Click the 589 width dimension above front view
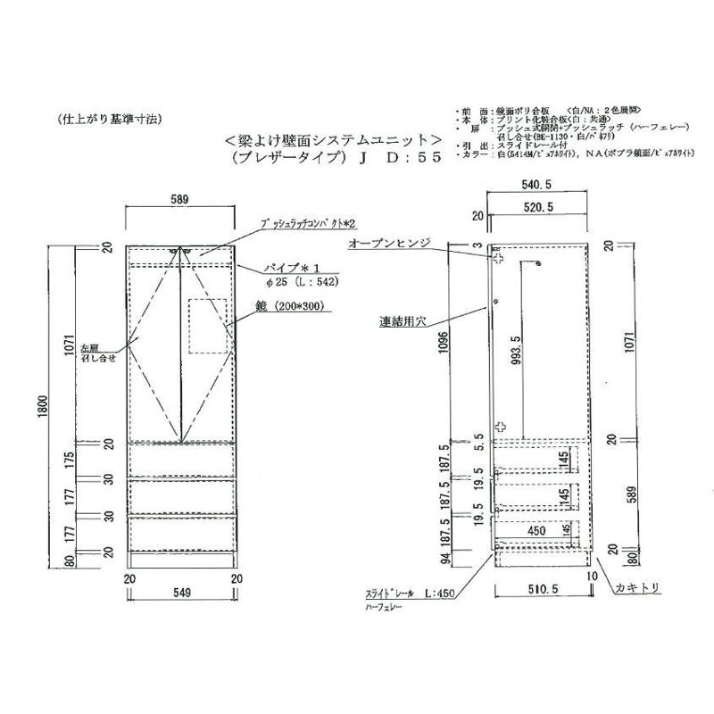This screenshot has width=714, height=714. (181, 200)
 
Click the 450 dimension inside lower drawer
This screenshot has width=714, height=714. (535, 530)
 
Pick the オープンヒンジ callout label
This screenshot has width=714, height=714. (390, 242)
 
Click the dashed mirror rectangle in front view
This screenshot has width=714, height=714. (209, 325)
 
